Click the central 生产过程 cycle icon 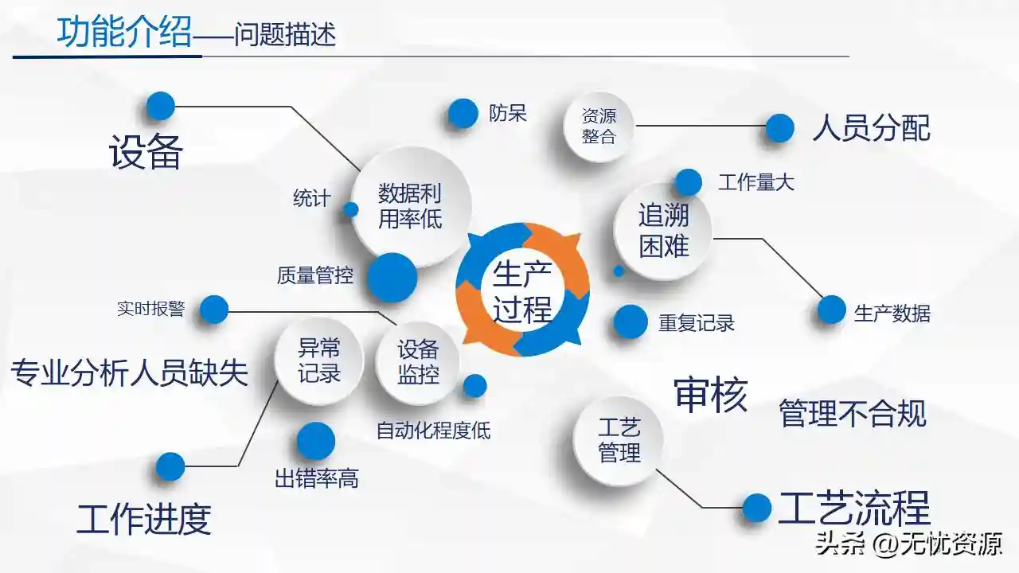click(522, 290)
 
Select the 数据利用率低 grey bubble click(410, 208)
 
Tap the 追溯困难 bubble click(663, 231)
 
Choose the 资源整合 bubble click(599, 127)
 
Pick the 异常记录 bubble click(319, 361)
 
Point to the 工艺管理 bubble click(619, 440)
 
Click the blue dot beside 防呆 click(463, 113)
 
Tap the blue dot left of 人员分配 click(779, 128)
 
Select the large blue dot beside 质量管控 click(392, 278)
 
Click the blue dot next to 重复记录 click(630, 322)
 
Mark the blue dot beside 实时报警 click(214, 310)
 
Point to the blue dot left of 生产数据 click(831, 310)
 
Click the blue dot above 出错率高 click(316, 441)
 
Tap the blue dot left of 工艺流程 click(757, 508)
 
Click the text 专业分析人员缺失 click(129, 373)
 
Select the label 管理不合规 click(853, 413)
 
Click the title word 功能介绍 click(124, 32)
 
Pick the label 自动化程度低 click(434, 431)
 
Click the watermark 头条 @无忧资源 click(909, 544)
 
